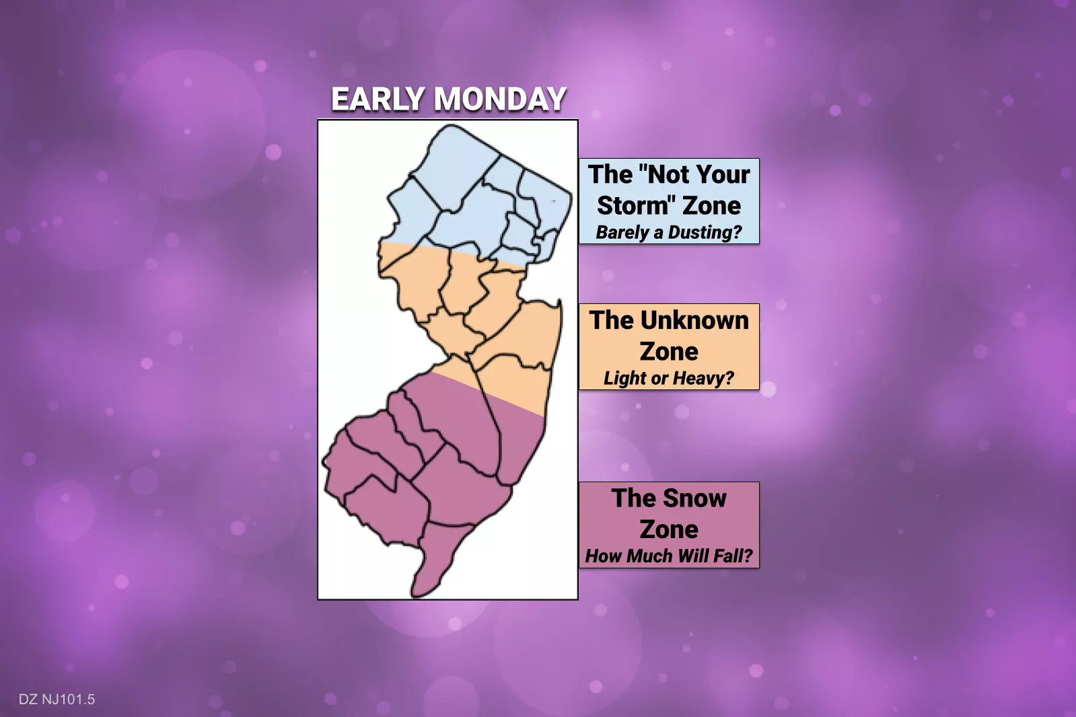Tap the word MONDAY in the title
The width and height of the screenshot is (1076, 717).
[500, 99]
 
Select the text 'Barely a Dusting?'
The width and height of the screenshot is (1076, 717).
[669, 233]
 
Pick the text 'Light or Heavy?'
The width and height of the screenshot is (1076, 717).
[669, 378]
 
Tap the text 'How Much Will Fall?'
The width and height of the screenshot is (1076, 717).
[669, 556]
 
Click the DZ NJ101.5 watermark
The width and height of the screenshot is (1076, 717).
[57, 700]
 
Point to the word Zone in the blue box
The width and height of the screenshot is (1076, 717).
[712, 205]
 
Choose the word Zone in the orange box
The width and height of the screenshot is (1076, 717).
[669, 352]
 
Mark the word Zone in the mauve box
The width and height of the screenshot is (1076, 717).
[669, 529]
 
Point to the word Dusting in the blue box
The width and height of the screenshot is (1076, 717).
[705, 233]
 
